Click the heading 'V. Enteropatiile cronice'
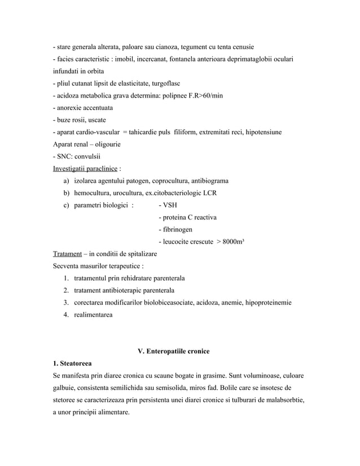174,351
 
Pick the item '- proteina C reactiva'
188,217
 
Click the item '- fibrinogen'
175,230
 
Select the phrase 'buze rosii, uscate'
81,120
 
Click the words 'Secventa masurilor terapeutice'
96,266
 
